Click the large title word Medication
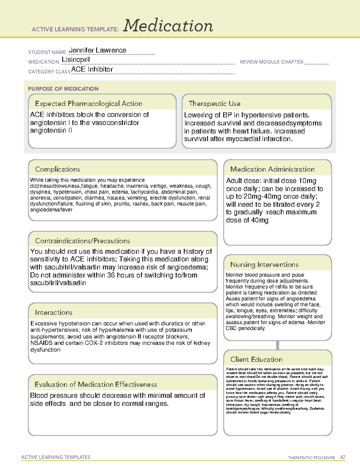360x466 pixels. coord(168,26)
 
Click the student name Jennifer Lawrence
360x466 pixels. coord(97,50)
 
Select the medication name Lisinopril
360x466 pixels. coord(76,60)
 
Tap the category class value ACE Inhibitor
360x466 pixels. coord(92,69)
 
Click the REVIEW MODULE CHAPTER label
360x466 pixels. coord(271,62)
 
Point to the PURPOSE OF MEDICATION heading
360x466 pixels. coord(63,89)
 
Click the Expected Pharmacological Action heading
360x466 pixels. coord(88,104)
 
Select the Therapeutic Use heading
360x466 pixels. coord(214,104)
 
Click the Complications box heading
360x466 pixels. coord(57,169)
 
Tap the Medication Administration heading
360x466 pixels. coord(272,169)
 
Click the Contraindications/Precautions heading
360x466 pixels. coord(82,241)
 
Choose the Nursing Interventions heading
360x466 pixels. coord(264,264)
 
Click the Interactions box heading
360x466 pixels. coord(53,312)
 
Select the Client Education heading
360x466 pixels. coord(256,359)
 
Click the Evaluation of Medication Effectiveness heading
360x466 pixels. coord(96,384)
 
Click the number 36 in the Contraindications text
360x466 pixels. coord(111,275)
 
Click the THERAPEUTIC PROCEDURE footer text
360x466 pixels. coord(311,458)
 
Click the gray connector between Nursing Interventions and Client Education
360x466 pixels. coord(277,345)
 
